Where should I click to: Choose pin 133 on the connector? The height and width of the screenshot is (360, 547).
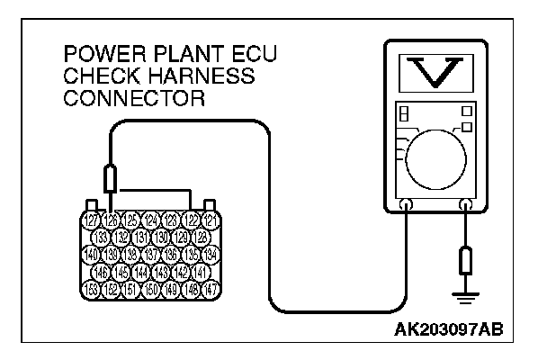(x=102, y=238)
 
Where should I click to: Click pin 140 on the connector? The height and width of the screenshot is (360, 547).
(x=91, y=255)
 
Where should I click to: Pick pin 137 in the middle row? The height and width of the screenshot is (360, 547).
(x=150, y=255)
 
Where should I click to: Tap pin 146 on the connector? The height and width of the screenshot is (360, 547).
(x=102, y=272)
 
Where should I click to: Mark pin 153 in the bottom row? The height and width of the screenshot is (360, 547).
(x=91, y=289)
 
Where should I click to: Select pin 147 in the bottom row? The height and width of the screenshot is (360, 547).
(x=210, y=289)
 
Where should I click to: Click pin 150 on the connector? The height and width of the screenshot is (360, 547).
(x=150, y=289)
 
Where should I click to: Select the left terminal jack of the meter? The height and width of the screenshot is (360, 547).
(x=405, y=205)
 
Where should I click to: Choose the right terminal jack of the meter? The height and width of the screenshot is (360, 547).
(x=464, y=205)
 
